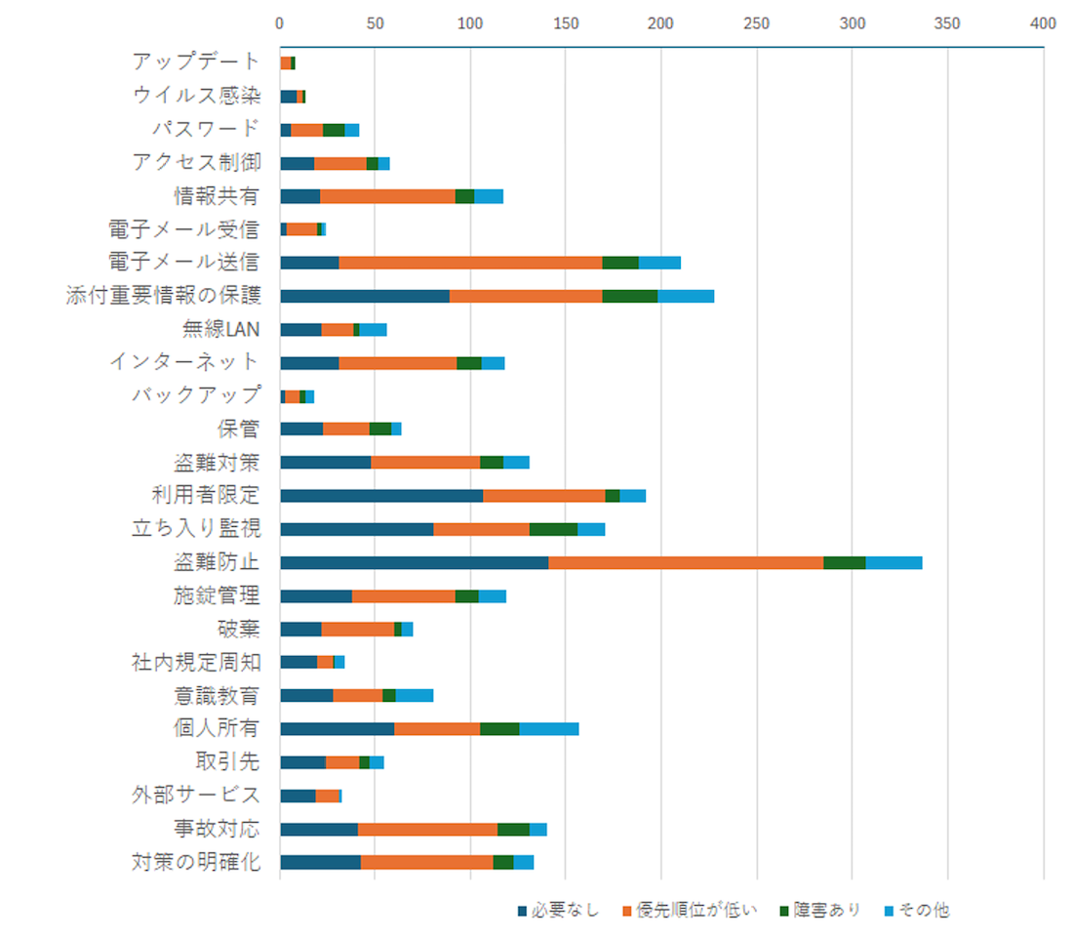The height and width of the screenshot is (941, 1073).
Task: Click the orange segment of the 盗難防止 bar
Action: (x=686, y=562)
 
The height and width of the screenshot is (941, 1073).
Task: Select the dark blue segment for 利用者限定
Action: (x=381, y=496)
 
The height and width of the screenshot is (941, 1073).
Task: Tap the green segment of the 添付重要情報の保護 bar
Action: (x=630, y=296)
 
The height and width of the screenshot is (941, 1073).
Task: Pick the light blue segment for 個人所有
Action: (x=549, y=728)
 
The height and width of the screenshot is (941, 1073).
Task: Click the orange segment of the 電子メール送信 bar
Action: (x=470, y=263)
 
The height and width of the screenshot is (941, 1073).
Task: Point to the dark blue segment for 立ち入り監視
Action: (x=356, y=529)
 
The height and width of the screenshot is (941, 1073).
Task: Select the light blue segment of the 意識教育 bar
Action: (x=415, y=695)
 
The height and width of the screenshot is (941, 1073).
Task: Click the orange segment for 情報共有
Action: (x=387, y=196)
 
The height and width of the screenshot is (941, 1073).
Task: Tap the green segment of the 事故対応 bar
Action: (x=513, y=829)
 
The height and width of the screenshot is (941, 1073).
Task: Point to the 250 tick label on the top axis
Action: (x=756, y=22)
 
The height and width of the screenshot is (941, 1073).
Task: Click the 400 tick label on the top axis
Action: (x=1043, y=22)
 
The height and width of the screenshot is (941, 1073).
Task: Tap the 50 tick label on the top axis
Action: (x=375, y=22)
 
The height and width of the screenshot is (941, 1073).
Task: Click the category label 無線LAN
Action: (x=221, y=329)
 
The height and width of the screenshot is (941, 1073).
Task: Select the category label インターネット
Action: (x=184, y=362)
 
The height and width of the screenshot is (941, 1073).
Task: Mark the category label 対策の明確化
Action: (x=196, y=862)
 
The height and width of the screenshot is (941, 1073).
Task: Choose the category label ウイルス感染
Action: (x=196, y=96)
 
